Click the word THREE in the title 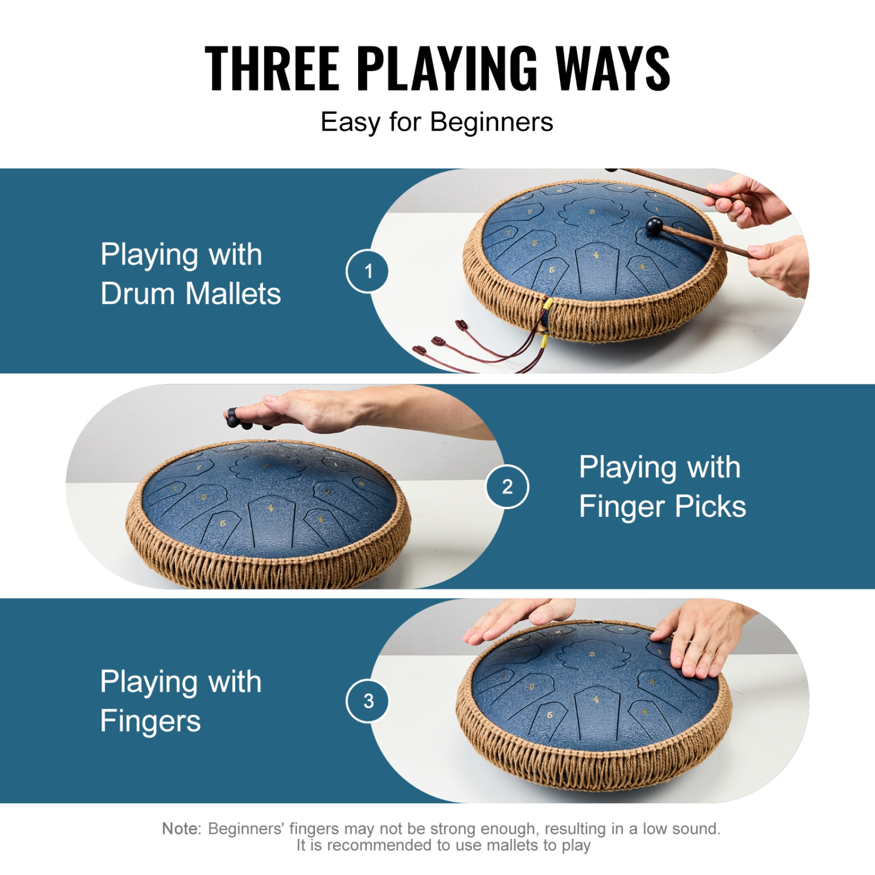[x=272, y=69]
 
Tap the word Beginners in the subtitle [x=491, y=123]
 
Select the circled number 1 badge [x=367, y=271]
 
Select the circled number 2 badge [x=507, y=487]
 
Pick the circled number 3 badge [x=367, y=701]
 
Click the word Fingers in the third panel [x=150, y=722]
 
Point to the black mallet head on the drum [x=654, y=225]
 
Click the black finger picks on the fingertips [x=233, y=416]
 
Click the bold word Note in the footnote [x=181, y=828]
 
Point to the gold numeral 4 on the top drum [x=596, y=256]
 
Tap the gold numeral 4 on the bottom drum [x=596, y=699]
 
